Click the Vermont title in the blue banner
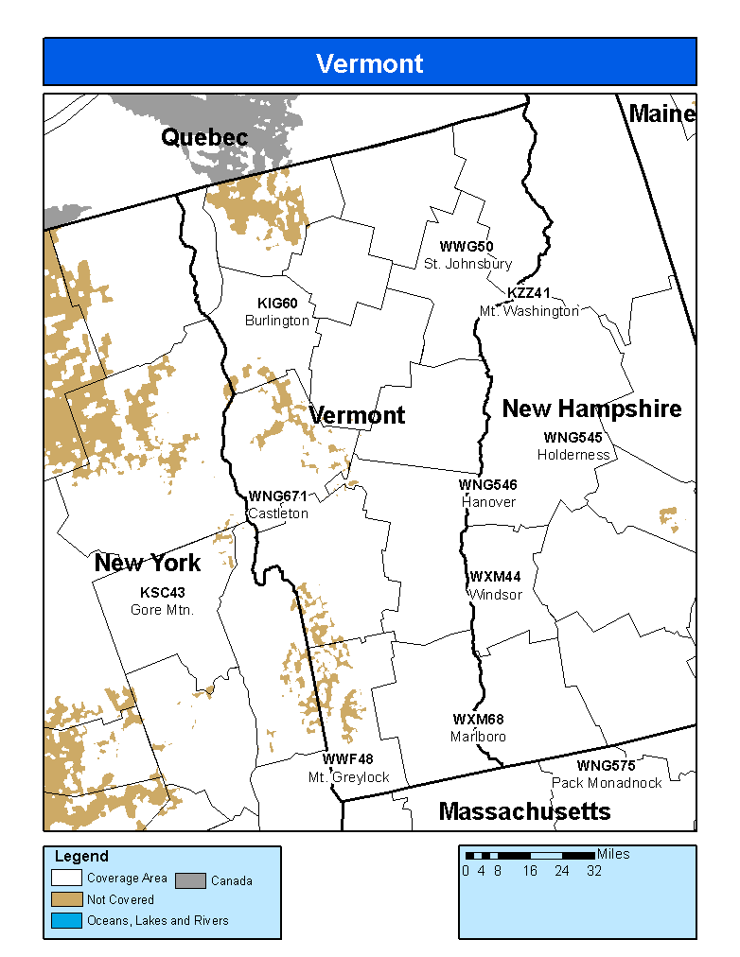(x=369, y=63)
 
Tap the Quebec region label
(x=204, y=138)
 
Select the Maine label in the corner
(x=661, y=114)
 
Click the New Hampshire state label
(x=591, y=409)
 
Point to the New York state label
(x=148, y=564)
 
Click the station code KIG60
(x=277, y=304)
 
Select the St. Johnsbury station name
(x=467, y=264)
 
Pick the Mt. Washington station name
(x=529, y=310)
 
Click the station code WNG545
(x=573, y=438)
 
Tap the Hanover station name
(x=488, y=502)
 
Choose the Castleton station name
(x=278, y=513)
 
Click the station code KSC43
(x=162, y=593)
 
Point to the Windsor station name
(x=495, y=595)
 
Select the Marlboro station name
(x=478, y=737)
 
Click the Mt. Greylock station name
(x=348, y=777)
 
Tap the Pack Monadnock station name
(x=607, y=783)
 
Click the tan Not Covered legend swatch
(x=66, y=899)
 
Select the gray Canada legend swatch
(x=191, y=879)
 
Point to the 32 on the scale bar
(x=593, y=871)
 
